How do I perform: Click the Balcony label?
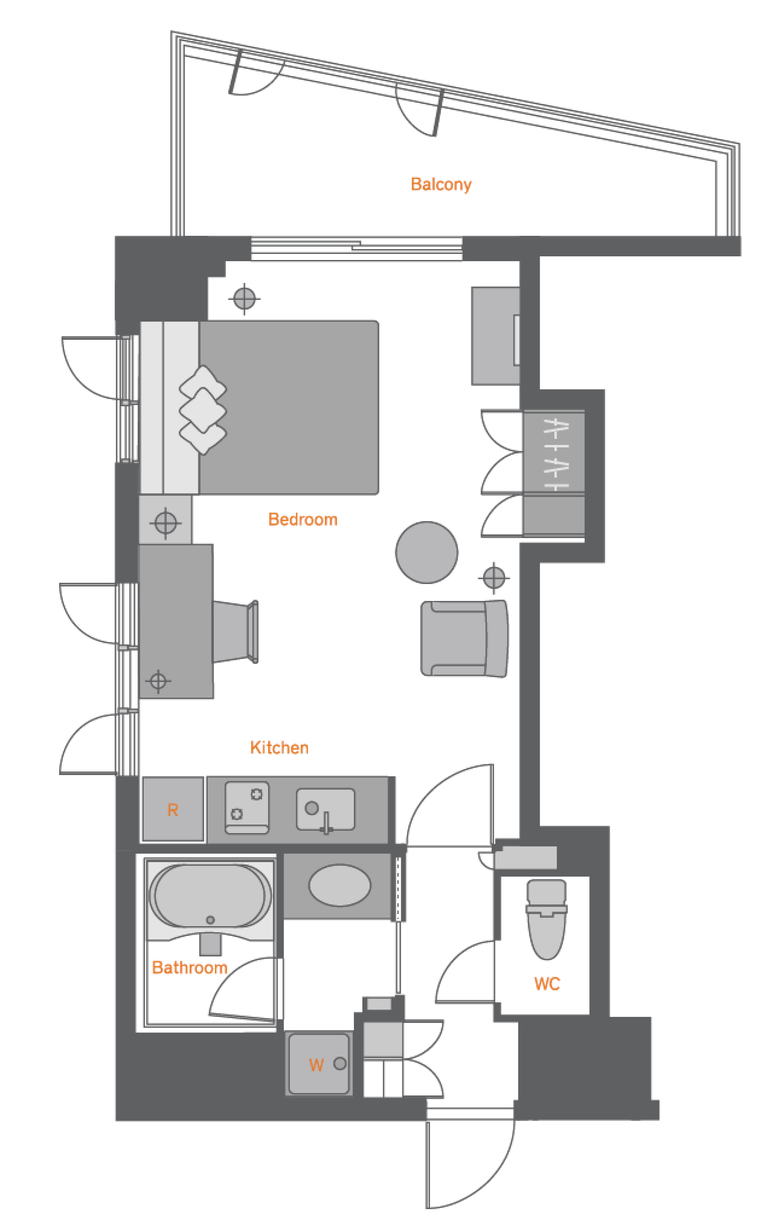(x=441, y=184)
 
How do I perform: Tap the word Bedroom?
(x=303, y=519)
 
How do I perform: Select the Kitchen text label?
(x=279, y=748)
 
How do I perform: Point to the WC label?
(x=547, y=984)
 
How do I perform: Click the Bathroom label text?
(x=190, y=968)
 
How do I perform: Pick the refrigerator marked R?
(x=173, y=809)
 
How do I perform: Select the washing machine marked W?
(x=320, y=1064)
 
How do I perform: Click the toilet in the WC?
(x=547, y=919)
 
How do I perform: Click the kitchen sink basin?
(x=326, y=809)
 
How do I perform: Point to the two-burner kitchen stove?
(x=247, y=808)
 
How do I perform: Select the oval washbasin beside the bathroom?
(x=339, y=886)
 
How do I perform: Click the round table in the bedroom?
(x=426, y=553)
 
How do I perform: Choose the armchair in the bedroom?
(x=465, y=638)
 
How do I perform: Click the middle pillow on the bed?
(x=203, y=410)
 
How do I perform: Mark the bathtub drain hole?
(x=210, y=920)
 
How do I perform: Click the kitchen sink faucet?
(x=327, y=823)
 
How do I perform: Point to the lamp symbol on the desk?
(x=158, y=681)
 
